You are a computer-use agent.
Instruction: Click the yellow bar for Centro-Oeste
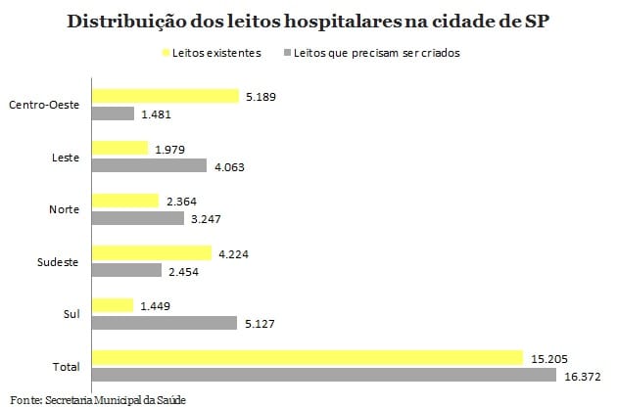[x=165, y=96]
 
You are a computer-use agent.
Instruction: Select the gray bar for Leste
[x=149, y=166]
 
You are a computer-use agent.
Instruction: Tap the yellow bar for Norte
[x=124, y=201]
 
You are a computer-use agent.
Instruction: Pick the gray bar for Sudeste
[x=126, y=270]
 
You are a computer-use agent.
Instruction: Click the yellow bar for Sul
[x=112, y=305]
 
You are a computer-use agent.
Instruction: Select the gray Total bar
[x=323, y=376]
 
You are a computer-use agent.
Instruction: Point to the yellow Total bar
[x=308, y=358]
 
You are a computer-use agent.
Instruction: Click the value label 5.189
[x=261, y=96]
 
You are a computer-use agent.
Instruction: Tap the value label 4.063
[x=229, y=166]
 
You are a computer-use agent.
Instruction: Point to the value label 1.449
[x=154, y=305]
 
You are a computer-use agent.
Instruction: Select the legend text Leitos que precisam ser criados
[x=378, y=53]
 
